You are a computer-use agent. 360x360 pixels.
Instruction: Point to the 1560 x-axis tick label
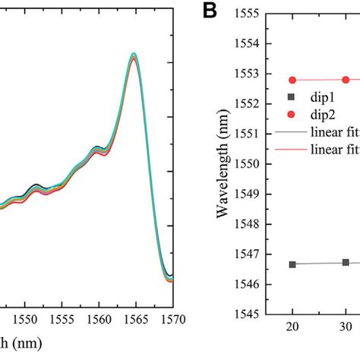click(99, 319)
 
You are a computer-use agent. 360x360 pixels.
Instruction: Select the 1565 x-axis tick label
click(135, 319)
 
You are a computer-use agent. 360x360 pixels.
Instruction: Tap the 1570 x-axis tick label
click(172, 319)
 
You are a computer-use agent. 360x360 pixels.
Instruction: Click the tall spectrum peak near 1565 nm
click(134, 55)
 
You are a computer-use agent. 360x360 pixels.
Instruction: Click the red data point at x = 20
click(292, 80)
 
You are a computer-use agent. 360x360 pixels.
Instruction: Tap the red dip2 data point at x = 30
click(346, 80)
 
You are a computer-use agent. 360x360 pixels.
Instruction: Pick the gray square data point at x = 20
click(292, 264)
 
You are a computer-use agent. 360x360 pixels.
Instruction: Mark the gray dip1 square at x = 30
click(346, 262)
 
